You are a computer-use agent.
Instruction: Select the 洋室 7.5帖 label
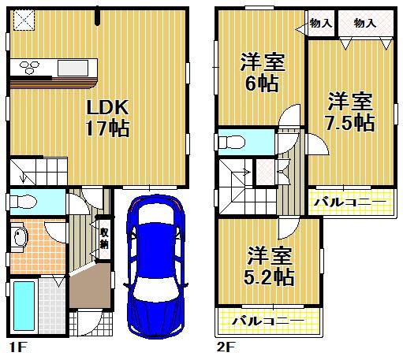click(x=351, y=111)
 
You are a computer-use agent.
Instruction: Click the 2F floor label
click(x=226, y=345)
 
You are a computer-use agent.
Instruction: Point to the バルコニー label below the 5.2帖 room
click(x=268, y=321)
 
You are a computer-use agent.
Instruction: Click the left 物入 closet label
click(x=321, y=23)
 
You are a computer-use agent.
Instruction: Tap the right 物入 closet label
click(x=365, y=23)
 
